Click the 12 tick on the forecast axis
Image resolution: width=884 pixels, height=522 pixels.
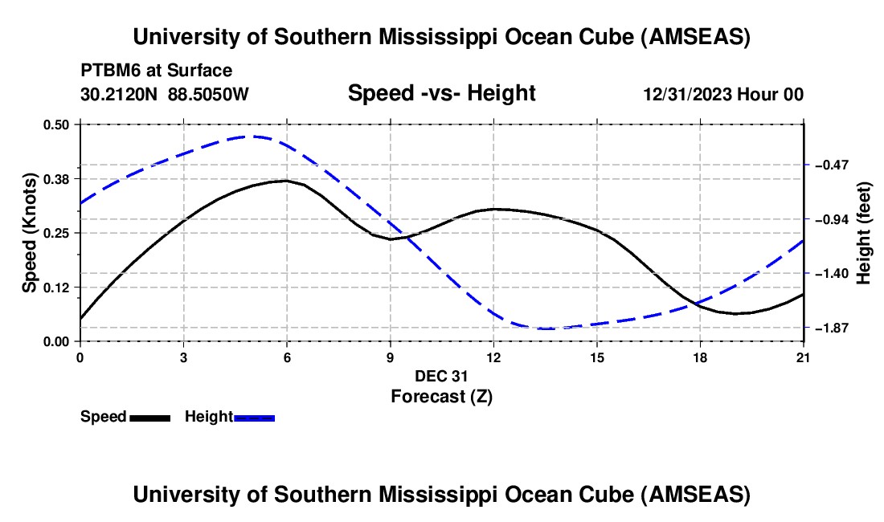[493, 357]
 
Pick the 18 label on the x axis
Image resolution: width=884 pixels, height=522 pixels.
[700, 357]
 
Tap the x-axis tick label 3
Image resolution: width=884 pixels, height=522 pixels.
[183, 357]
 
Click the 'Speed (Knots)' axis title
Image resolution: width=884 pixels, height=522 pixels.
[29, 232]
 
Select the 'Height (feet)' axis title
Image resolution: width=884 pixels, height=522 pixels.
[864, 232]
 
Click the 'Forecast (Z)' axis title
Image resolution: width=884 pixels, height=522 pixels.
[441, 396]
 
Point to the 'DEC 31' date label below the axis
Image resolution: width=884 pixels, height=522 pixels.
[441, 376]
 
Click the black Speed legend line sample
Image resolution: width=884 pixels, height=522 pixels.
[149, 417]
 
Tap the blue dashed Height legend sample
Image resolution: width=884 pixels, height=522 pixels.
[255, 417]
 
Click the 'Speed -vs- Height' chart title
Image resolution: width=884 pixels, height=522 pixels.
[441, 93]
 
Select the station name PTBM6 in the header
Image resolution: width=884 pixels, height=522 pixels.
[108, 71]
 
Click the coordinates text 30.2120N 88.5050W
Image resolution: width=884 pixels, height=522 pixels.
[164, 94]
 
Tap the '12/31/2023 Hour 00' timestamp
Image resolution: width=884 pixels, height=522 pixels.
[723, 94]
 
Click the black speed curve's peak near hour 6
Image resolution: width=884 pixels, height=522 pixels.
[284, 181]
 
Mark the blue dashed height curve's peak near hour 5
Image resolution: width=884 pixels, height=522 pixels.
[252, 137]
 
